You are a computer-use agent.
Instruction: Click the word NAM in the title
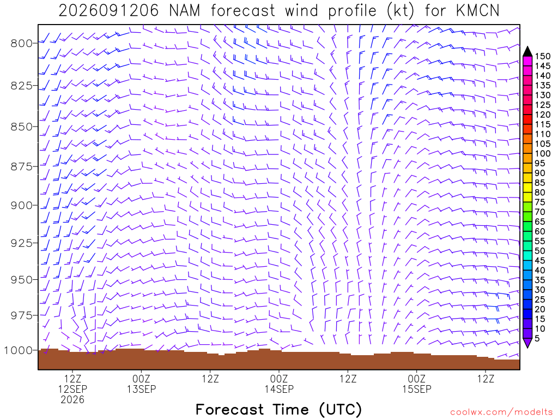tap(184, 11)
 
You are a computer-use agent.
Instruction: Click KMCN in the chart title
tap(477, 11)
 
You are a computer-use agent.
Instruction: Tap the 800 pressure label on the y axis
tap(21, 44)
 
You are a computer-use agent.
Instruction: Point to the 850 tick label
tap(21, 127)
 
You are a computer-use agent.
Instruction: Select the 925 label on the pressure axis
tap(21, 243)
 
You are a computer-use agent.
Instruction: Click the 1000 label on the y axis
tap(18, 351)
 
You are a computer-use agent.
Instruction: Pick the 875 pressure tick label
tap(21, 167)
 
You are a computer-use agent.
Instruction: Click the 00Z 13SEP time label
tap(142, 384)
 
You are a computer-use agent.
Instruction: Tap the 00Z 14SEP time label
tap(279, 384)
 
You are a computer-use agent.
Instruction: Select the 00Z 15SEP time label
tap(417, 384)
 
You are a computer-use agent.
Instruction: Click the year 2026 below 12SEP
tap(72, 400)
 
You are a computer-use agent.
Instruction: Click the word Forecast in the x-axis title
tap(229, 409)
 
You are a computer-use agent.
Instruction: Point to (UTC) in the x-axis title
tap(340, 410)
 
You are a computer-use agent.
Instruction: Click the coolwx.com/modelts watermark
tap(501, 412)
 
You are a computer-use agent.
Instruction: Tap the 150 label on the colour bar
tap(543, 56)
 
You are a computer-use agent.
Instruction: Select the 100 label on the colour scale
tap(543, 153)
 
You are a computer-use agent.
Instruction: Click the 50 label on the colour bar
tap(540, 251)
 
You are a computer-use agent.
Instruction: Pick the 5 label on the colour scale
tap(537, 338)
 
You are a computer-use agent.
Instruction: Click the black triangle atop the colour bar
tap(527, 52)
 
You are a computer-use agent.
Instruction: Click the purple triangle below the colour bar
tap(527, 343)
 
